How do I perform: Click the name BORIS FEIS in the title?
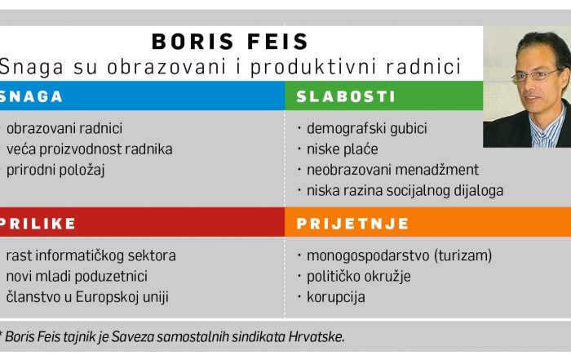[x=230, y=41]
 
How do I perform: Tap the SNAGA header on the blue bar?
[x=31, y=96]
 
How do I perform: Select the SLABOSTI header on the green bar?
[x=346, y=96]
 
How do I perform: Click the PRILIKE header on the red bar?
[x=38, y=224]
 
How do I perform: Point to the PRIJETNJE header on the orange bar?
[x=352, y=224]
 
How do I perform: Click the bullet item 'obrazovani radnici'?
[x=64, y=128]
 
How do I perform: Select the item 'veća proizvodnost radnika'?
[x=89, y=149]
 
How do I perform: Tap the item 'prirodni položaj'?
[x=55, y=170]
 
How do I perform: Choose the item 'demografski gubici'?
[x=367, y=128]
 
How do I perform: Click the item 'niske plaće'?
[x=343, y=149]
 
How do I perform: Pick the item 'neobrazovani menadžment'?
[x=392, y=170]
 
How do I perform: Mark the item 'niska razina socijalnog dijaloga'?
[x=405, y=190]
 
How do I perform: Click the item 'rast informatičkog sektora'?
[x=91, y=256]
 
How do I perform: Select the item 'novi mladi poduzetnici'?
[x=77, y=276]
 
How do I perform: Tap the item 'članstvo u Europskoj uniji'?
[x=87, y=297]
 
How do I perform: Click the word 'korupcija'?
[x=336, y=297]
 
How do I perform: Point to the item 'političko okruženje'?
[x=359, y=276]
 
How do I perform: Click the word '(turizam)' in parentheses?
[x=463, y=256]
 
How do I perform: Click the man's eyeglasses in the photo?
[x=537, y=75]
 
